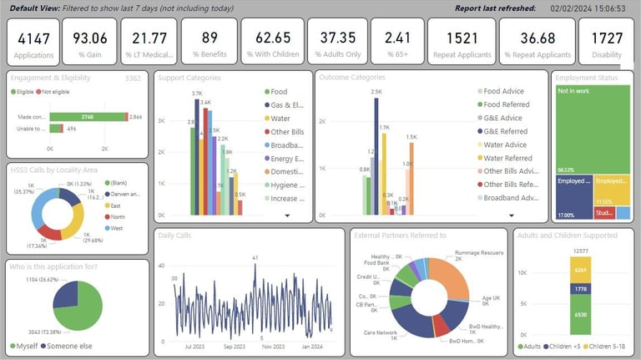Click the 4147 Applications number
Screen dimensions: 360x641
[34, 38]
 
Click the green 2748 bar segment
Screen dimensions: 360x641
[87, 118]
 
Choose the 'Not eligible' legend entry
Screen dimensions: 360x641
[58, 90]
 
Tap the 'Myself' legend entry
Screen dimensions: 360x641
[26, 346]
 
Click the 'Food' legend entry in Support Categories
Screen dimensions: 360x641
[279, 92]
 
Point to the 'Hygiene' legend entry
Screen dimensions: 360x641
[286, 185]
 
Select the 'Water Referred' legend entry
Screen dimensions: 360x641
[507, 158]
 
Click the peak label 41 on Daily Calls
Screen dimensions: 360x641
[254, 257]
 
